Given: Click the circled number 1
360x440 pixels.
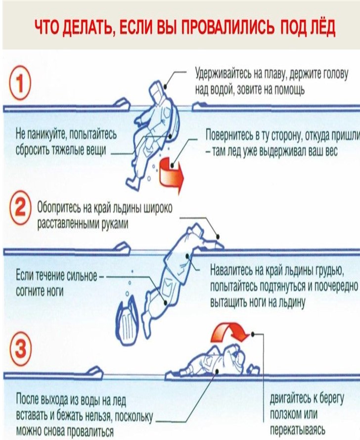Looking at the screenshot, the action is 20,82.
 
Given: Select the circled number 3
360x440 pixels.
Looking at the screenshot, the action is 20,349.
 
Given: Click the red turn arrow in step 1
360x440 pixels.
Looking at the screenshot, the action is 171,175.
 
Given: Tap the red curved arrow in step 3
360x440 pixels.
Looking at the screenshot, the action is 230,332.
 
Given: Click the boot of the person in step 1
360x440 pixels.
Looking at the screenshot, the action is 133,183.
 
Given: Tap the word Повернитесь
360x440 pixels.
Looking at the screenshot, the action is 229,135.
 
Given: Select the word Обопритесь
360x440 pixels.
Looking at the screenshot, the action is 59,208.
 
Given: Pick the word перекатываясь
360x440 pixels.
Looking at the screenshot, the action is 298,430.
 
